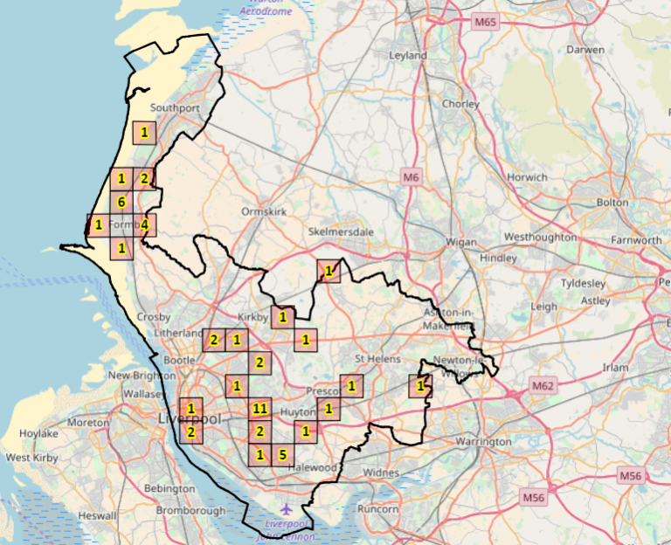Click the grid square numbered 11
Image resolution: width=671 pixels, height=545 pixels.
pyautogui.click(x=259, y=408)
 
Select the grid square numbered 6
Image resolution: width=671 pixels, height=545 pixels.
pyautogui.click(x=121, y=203)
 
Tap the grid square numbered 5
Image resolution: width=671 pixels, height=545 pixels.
pyautogui.click(x=282, y=454)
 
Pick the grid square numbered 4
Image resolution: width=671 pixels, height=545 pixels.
pyautogui.click(x=144, y=225)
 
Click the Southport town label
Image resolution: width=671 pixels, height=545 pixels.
pyautogui.click(x=175, y=108)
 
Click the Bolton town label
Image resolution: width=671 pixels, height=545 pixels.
pyautogui.click(x=612, y=203)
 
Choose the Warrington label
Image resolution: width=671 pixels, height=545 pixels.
pyautogui.click(x=482, y=442)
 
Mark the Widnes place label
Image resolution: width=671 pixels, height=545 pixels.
pyautogui.click(x=381, y=473)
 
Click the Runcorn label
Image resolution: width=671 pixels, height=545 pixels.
pyautogui.click(x=377, y=508)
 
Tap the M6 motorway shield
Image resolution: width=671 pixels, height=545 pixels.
pyautogui.click(x=412, y=178)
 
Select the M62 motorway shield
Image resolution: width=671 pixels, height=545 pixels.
pyautogui.click(x=543, y=385)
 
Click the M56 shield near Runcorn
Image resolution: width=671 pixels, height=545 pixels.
pyautogui.click(x=534, y=498)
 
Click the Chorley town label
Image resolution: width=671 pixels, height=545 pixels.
pyautogui.click(x=461, y=104)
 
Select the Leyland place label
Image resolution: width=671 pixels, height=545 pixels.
pyautogui.click(x=409, y=56)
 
